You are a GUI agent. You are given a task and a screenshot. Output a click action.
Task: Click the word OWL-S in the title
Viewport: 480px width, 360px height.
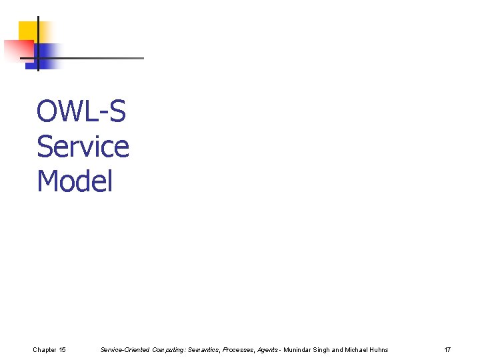[81, 111]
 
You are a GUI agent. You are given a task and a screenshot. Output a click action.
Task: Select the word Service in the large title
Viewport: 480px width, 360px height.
[83, 146]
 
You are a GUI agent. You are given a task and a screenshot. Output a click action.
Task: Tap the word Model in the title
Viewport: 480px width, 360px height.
[75, 181]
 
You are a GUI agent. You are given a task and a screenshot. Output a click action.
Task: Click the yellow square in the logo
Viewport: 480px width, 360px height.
[28, 31]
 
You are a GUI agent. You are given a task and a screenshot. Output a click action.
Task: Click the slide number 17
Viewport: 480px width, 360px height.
[447, 350]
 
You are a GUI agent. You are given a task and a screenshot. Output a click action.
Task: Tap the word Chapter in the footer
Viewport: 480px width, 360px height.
[45, 350]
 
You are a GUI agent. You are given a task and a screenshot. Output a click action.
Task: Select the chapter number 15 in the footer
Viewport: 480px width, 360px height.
[62, 350]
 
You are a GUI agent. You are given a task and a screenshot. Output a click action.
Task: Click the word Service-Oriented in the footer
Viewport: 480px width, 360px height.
[125, 350]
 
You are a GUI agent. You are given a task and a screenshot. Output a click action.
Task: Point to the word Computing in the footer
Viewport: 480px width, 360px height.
[168, 350]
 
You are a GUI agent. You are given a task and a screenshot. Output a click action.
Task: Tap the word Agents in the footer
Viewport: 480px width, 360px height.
[269, 350]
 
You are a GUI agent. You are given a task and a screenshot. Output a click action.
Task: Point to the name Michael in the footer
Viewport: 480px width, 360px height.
[357, 350]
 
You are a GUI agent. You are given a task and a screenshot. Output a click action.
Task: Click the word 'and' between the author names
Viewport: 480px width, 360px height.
[338, 350]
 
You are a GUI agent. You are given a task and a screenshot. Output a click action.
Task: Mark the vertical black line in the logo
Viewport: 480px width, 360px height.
[38, 43]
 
